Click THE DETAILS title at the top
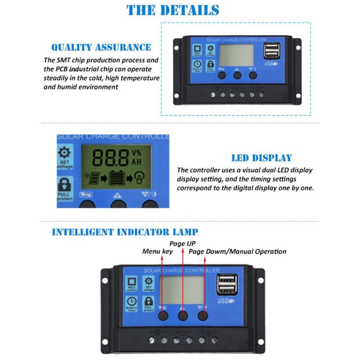[x=173, y=10]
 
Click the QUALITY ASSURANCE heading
[x=101, y=47]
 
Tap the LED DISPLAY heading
[x=261, y=158]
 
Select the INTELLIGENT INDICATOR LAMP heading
[x=125, y=232]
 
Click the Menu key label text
[x=157, y=251]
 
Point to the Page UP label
[x=183, y=243]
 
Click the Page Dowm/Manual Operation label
[x=238, y=251]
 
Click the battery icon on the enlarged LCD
[x=116, y=177]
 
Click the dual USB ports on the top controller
[x=271, y=51]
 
